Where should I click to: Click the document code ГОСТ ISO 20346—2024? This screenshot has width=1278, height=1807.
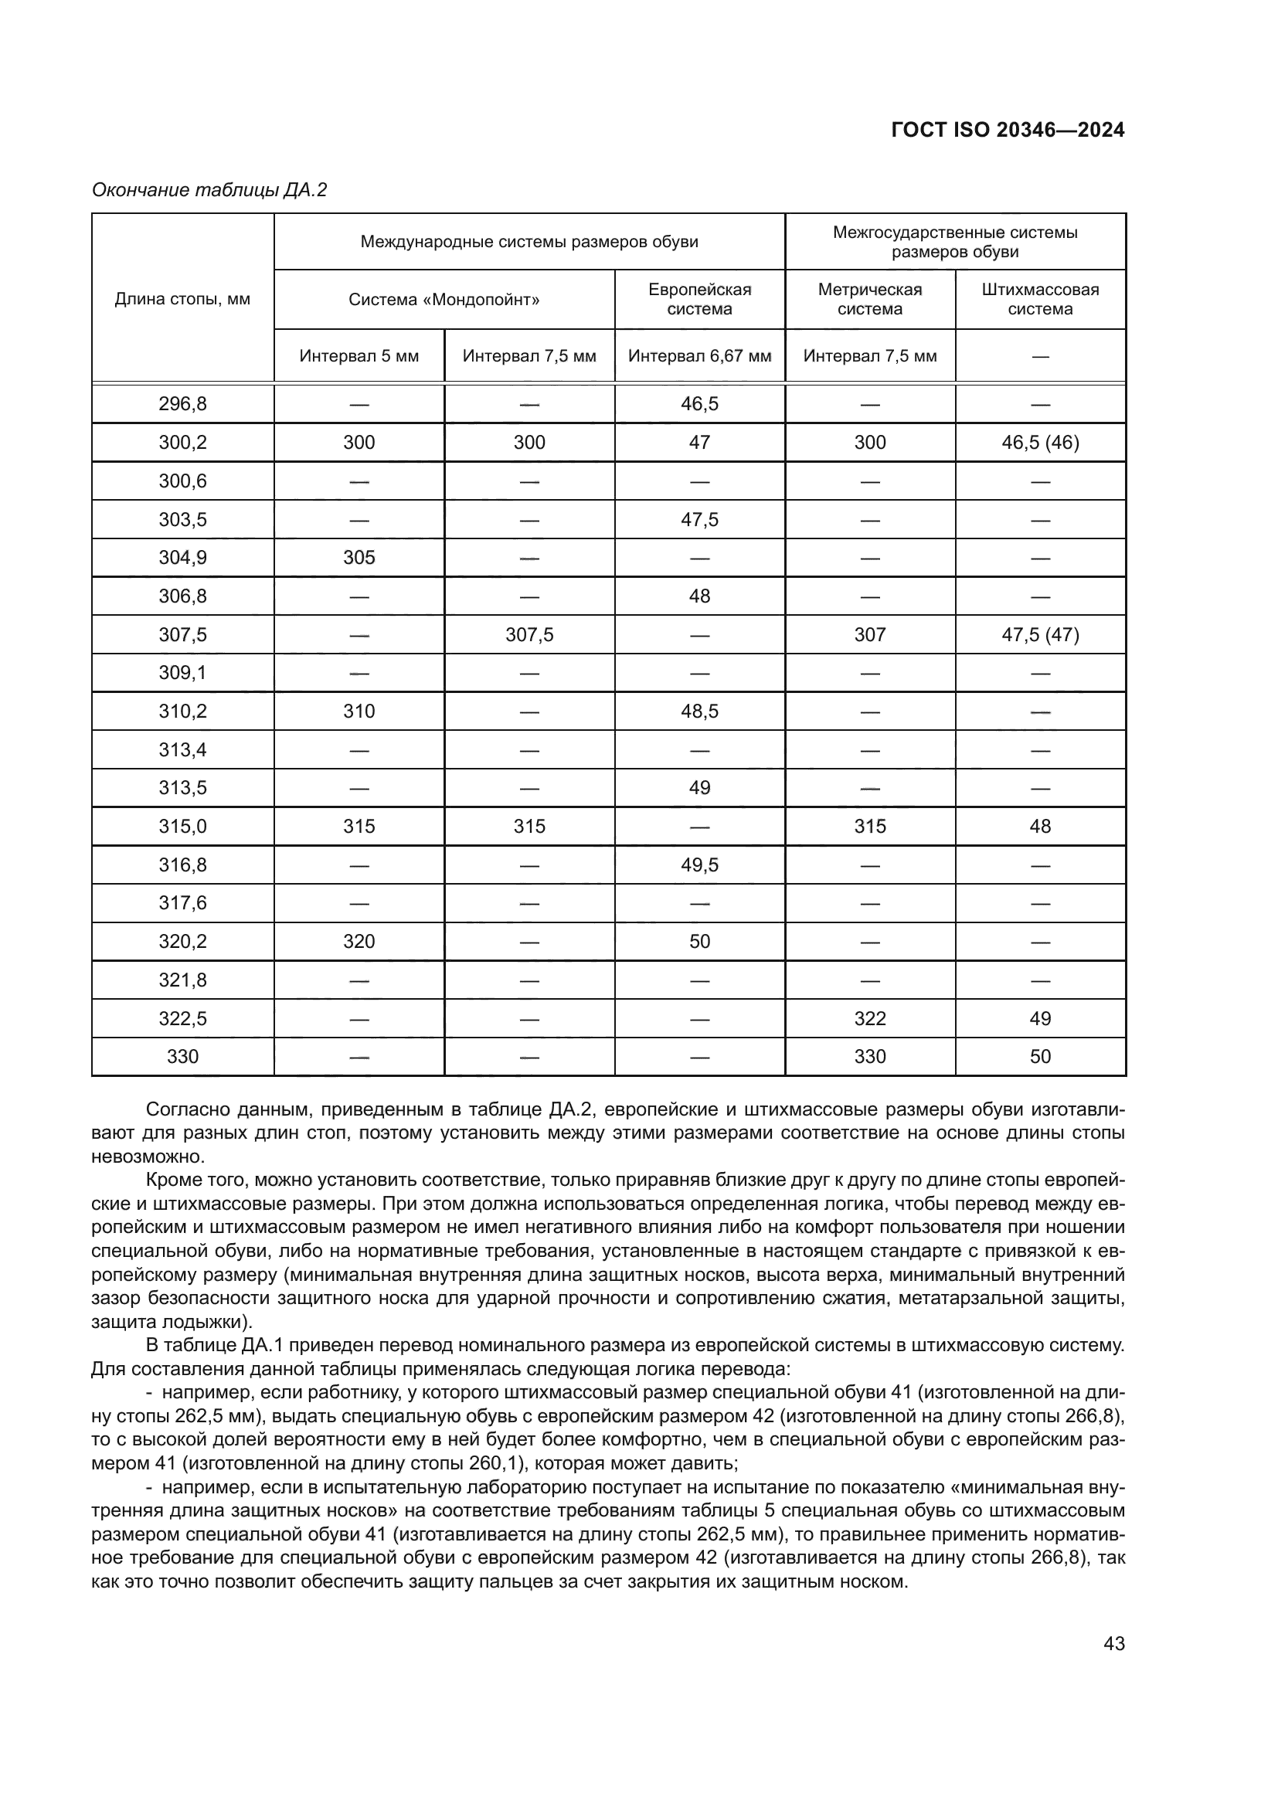pos(1008,130)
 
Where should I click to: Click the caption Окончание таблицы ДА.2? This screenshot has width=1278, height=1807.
pos(209,191)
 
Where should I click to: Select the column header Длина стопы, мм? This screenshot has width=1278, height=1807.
pos(182,299)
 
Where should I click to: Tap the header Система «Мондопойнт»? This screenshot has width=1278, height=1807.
pos(444,300)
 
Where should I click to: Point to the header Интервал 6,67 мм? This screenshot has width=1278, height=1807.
pos(699,355)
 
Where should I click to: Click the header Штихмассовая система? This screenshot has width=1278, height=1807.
pos(1039,299)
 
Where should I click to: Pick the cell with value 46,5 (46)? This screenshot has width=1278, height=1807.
pos(1039,443)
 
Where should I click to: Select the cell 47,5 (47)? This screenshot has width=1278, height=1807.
pos(1039,634)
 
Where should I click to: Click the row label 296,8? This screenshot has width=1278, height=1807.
pos(182,404)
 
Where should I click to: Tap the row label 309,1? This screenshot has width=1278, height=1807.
pos(182,673)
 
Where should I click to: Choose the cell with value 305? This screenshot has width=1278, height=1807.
pos(359,558)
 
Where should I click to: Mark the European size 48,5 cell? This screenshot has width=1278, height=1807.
pos(699,712)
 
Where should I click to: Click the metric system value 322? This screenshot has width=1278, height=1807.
pos(869,1018)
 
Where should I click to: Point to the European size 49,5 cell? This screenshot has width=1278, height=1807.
pos(699,865)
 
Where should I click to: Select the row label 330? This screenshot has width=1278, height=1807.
pos(182,1056)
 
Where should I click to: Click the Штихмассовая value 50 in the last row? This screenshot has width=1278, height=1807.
pos(1039,1056)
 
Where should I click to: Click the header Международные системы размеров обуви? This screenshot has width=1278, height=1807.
pos(529,242)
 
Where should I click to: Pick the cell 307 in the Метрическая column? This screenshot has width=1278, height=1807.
pos(869,634)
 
